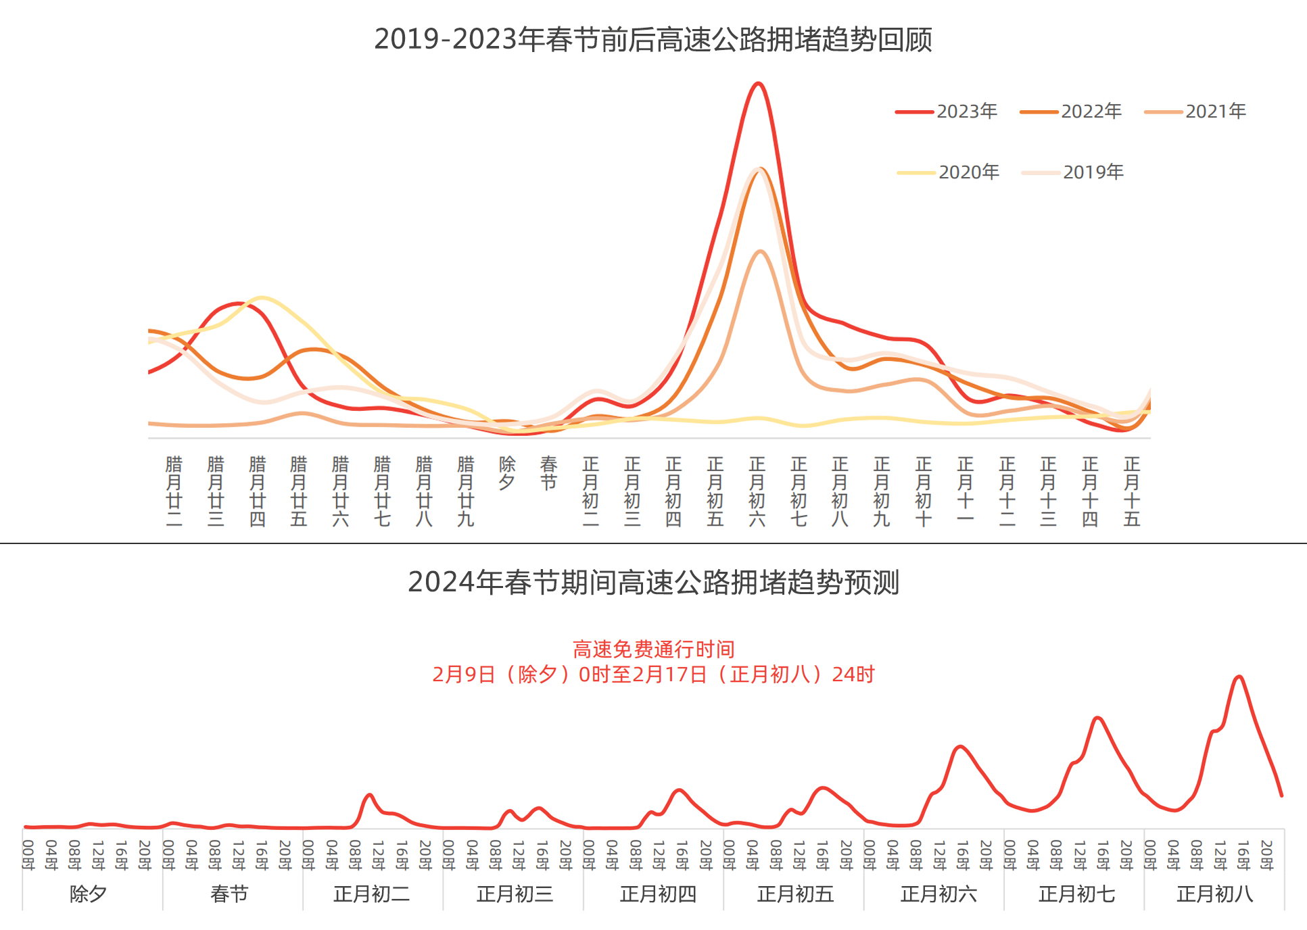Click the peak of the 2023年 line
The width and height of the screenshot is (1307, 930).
point(758,84)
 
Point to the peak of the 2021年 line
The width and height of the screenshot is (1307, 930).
point(761,251)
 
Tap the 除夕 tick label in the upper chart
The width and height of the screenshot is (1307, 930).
point(507,473)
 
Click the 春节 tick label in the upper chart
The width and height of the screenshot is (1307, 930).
point(548,473)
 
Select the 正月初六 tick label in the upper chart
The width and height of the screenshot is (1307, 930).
point(757,491)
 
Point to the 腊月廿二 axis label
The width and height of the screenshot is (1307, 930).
point(174,491)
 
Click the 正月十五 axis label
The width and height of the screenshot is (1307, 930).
point(1132,491)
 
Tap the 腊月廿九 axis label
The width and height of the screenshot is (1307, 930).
point(465,491)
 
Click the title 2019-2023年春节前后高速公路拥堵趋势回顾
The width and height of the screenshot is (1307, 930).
point(653,39)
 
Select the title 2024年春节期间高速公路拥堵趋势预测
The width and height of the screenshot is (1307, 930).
point(653,582)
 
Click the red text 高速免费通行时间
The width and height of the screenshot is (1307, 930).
point(653,650)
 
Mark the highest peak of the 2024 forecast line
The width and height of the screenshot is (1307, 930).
point(1239,676)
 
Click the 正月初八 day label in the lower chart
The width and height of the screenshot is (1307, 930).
point(1214,894)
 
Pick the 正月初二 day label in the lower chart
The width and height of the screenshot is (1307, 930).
point(372,894)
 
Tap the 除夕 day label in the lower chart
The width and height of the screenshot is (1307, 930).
point(89,894)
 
